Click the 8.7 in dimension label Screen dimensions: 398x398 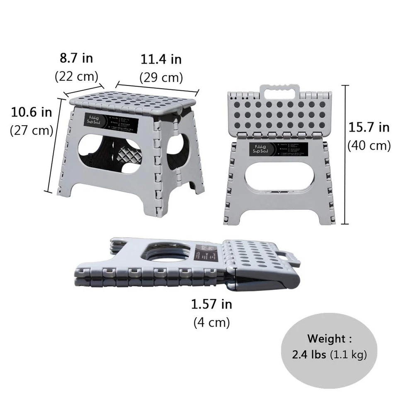point(76,58)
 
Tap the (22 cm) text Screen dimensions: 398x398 point(76,76)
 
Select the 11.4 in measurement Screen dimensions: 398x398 point(161,59)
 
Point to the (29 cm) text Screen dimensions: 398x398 point(161,78)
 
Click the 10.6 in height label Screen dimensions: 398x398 point(32,112)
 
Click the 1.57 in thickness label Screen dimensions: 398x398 point(211,305)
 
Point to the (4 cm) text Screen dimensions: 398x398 point(211,323)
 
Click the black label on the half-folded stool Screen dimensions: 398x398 point(279,150)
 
